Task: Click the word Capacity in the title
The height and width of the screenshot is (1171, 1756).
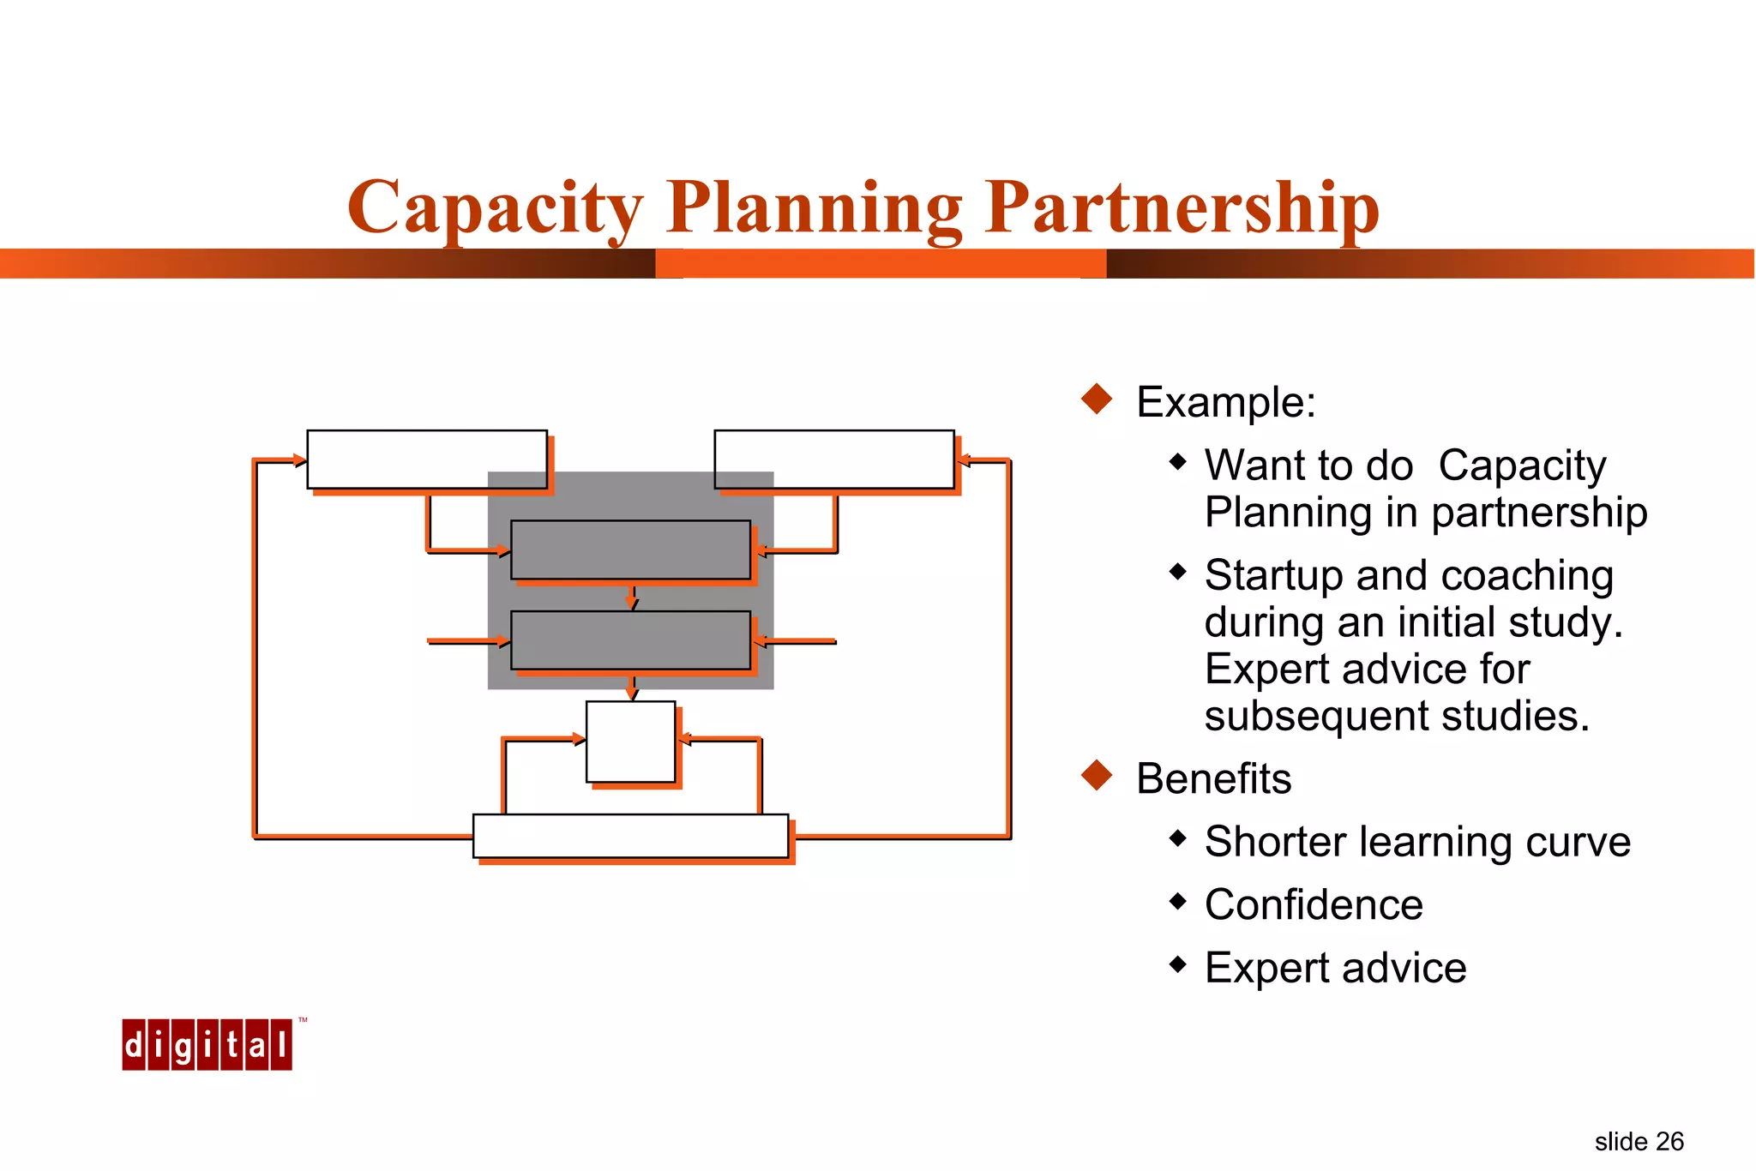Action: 495,207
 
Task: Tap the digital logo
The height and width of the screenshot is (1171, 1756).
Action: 207,1044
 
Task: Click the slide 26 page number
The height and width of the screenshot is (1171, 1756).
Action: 1639,1142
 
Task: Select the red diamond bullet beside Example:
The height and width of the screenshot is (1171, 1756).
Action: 1097,399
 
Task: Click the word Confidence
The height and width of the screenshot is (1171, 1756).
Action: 1313,904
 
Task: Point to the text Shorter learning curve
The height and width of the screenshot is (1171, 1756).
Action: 1416,842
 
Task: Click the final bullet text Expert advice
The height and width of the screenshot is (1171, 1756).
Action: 1335,968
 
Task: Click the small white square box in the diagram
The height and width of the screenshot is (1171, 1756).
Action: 630,742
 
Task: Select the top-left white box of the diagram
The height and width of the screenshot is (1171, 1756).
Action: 427,459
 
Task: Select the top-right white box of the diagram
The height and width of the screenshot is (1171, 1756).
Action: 833,459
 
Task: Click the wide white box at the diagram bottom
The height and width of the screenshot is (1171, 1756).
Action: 630,836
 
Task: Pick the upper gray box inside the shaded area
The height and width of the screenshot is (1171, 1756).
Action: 630,549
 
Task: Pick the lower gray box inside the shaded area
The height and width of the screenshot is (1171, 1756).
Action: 630,640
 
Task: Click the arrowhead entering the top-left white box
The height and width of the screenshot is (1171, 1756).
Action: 299,460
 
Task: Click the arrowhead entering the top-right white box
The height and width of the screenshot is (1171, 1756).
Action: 963,460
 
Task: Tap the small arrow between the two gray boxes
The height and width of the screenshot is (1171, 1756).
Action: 632,599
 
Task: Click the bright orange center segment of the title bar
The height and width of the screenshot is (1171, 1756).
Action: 881,263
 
